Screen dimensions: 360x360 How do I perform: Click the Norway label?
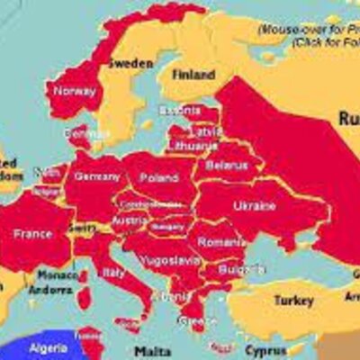[x=74, y=90]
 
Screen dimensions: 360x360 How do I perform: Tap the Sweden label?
[x=130, y=64]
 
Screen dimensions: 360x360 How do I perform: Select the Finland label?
[x=193, y=75]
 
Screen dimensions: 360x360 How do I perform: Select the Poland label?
[x=159, y=177]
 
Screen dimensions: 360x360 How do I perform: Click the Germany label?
[x=96, y=176]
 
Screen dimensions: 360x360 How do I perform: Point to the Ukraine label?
[x=255, y=205]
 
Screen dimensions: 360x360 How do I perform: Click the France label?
[x=32, y=234]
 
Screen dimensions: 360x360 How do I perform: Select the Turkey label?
[x=293, y=300]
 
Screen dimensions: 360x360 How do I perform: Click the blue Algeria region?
[x=27, y=351]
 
